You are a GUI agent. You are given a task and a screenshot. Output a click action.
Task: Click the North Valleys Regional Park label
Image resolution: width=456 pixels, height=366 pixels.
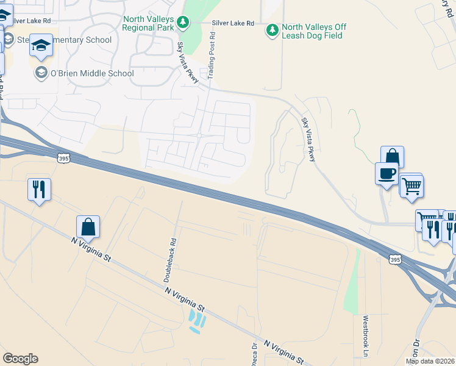coord(149,23)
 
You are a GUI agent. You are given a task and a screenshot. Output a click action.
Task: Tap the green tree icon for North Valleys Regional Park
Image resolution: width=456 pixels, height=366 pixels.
coord(183,23)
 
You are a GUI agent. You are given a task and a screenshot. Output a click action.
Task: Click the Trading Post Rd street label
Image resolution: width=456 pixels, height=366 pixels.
coord(212,57)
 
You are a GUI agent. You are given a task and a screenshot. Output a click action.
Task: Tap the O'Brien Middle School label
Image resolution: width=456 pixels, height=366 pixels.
coord(91,73)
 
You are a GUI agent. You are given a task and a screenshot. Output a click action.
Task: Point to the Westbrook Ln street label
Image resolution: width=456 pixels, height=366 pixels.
coord(366,335)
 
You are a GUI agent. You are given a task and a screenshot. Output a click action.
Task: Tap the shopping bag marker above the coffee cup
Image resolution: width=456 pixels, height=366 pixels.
coord(392,157)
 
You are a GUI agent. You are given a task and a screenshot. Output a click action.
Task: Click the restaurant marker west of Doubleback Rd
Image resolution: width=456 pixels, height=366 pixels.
coord(39,188)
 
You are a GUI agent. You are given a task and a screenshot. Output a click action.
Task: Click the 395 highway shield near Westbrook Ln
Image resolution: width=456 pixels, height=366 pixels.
coord(395,260)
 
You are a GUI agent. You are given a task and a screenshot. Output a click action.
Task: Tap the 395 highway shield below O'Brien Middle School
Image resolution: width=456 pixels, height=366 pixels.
coord(63,158)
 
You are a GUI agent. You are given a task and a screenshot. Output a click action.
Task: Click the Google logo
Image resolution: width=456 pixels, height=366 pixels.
coord(21,359)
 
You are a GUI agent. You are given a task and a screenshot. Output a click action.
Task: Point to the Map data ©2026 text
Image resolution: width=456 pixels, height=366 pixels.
coord(430,361)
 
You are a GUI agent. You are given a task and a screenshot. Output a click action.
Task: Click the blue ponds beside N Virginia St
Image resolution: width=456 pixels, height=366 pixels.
coord(196,321)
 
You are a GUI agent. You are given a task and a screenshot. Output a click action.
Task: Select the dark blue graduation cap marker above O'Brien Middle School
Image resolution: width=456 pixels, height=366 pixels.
coord(41,46)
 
